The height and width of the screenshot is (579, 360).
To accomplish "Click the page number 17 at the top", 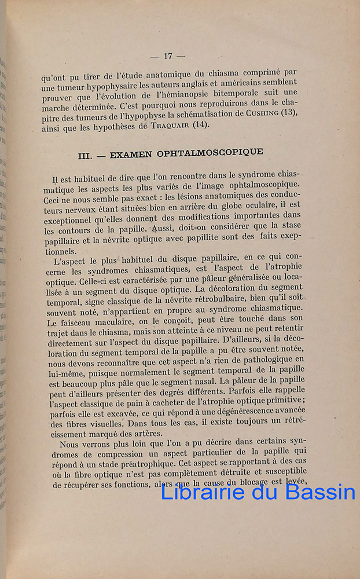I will [x=167, y=56].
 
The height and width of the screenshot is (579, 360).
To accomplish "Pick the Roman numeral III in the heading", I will [x=86, y=156].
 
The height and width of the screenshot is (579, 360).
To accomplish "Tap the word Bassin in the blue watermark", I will [x=322, y=492].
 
